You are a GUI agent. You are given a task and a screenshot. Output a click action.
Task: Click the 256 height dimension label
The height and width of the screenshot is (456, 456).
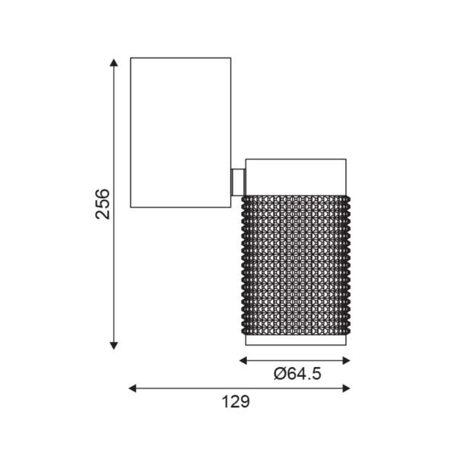tap(103, 204)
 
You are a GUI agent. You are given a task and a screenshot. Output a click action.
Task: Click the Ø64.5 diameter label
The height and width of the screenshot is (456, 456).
tap(296, 373)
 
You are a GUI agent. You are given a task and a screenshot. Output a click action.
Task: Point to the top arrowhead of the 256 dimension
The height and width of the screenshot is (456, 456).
tap(114, 64)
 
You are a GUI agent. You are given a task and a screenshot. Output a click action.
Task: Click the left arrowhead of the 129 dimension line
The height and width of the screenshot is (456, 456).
tap(133, 388)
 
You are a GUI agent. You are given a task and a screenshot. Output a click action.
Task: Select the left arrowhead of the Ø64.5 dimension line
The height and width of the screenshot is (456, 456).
tap(244, 360)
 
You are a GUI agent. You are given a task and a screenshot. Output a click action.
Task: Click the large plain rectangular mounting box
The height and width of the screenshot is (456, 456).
tap(181, 131)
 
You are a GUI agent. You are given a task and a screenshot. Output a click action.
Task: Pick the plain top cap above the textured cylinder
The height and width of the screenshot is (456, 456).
tap(296, 176)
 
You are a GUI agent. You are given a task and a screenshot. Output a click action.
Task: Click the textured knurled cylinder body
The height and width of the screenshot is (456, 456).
tap(296, 266)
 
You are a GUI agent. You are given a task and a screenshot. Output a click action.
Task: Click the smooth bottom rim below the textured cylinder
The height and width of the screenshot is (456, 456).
tap(296, 342)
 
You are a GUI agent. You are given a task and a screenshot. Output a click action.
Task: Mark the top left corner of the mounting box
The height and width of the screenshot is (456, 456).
tap(131, 58)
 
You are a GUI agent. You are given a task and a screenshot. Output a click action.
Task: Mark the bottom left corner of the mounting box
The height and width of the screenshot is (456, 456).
tap(131, 206)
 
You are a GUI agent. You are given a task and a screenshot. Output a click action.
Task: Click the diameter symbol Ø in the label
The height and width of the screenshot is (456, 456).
tap(278, 373)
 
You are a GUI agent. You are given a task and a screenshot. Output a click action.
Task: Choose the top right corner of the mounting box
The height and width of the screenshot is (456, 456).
tap(231, 58)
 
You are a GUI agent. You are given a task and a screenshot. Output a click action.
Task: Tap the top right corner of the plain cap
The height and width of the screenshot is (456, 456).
tap(347, 160)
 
